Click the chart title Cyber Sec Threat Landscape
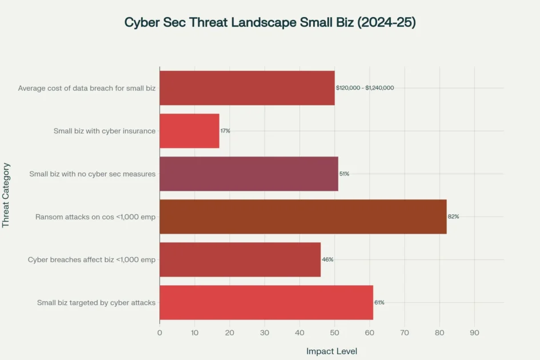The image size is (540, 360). pos(270,23)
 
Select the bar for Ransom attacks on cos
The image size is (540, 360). pos(303,217)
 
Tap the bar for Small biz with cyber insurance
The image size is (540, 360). pos(189,131)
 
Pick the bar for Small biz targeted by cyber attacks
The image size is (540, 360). pos(266,302)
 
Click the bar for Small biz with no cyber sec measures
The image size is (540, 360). pos(249,174)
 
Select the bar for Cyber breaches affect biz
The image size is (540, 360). pos(240,259)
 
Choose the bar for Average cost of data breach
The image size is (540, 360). pos(247,88)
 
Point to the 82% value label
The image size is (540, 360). pos(454,217)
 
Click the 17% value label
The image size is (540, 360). pos(225,131)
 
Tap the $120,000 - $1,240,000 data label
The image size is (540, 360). pos(365,88)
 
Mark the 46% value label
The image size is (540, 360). pos(327,259)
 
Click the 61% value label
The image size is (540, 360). pos(379,302)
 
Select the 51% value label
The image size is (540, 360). pos(344,174)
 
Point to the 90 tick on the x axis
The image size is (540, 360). pos(474,333)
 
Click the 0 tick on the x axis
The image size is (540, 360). pos(159,333)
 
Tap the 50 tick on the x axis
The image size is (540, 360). pos(334,333)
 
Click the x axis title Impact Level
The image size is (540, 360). pos(331,351)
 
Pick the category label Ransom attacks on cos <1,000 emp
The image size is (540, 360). pos(95,217)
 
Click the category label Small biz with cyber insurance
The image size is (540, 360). pos(105,131)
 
